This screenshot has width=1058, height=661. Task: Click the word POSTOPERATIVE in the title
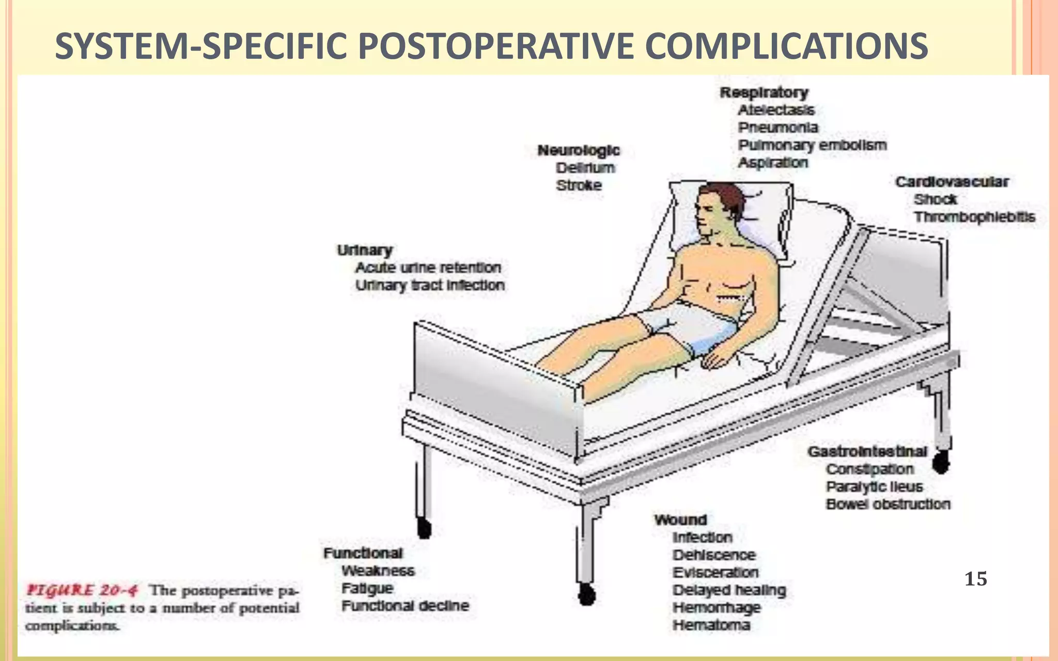[495, 46]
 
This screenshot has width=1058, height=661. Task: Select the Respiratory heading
[764, 93]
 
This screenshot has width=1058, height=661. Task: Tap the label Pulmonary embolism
[812, 145]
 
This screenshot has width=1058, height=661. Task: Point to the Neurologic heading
[579, 151]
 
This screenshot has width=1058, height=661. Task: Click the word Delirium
[585, 168]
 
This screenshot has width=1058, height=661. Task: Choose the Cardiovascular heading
[952, 182]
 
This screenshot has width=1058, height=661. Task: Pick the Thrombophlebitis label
[974, 217]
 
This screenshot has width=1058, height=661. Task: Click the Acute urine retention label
[428, 267]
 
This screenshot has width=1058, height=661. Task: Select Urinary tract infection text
[430, 285]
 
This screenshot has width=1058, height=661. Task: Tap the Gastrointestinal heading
[867, 452]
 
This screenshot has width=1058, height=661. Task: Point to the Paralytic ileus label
[874, 487]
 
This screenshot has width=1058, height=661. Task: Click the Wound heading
[680, 520]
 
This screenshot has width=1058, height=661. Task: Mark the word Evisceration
[715, 573]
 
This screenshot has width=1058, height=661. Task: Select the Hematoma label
[711, 625]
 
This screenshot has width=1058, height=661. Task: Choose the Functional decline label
[406, 606]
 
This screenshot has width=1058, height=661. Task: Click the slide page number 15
[976, 579]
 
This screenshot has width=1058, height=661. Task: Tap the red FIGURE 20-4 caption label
[82, 590]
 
